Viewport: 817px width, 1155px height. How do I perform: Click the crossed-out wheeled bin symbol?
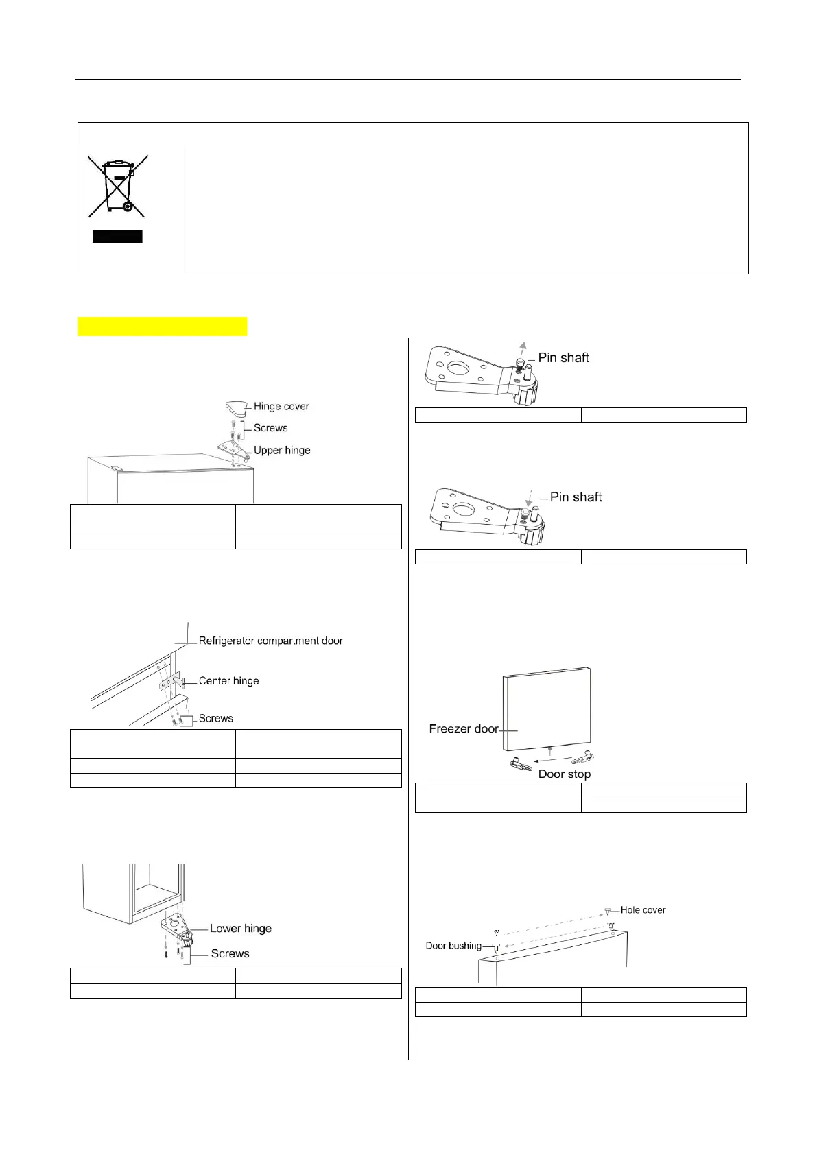[117, 186]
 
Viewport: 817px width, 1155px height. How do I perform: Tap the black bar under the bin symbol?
[117, 237]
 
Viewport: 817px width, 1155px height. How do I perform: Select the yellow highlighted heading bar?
[162, 326]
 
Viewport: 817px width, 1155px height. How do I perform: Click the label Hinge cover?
[281, 407]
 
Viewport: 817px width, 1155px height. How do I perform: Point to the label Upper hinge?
[282, 451]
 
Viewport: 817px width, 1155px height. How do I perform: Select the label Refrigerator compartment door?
[270, 641]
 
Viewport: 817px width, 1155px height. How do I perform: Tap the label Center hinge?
[228, 681]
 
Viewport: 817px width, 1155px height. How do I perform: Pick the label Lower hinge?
[241, 929]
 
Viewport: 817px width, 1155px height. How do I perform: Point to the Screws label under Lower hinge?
[230, 954]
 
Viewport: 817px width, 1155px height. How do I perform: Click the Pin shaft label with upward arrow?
[563, 357]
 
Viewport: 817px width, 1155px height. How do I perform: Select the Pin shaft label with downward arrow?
[576, 497]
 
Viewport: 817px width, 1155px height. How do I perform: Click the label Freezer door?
[464, 729]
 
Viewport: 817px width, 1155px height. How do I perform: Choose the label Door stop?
[565, 774]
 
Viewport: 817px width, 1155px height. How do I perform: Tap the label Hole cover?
[643, 910]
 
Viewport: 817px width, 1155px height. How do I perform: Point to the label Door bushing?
[453, 946]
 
